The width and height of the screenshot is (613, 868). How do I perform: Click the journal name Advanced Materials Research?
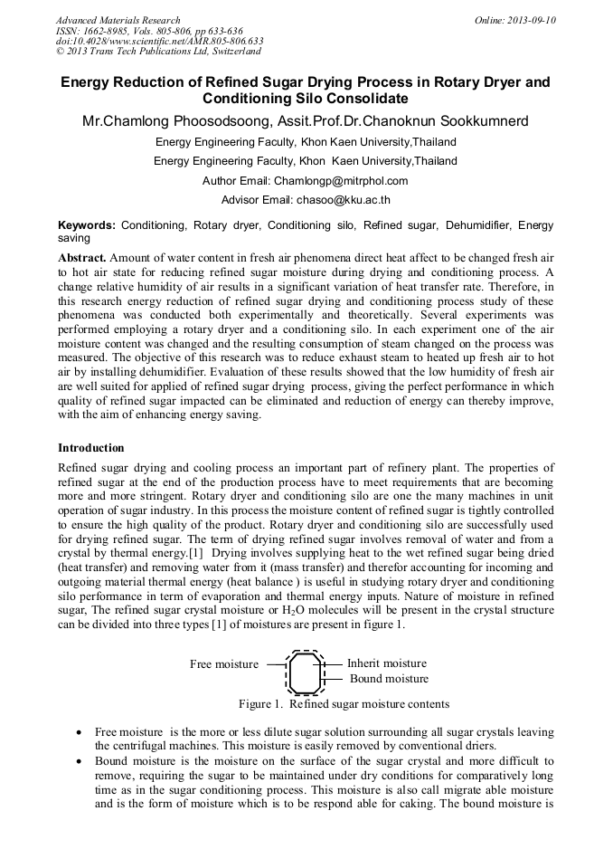pyautogui.click(x=118, y=20)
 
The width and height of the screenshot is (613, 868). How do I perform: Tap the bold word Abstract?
pyautogui.click(x=82, y=258)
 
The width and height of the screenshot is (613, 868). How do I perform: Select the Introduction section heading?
pyautogui.click(x=91, y=447)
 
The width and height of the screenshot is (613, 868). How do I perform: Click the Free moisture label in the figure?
pyautogui.click(x=223, y=664)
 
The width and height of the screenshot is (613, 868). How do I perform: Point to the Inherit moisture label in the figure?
pyautogui.click(x=386, y=663)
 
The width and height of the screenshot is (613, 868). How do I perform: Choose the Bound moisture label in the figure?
pyautogui.click(x=389, y=679)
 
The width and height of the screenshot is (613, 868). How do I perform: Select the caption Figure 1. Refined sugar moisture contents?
pyautogui.click(x=344, y=703)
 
